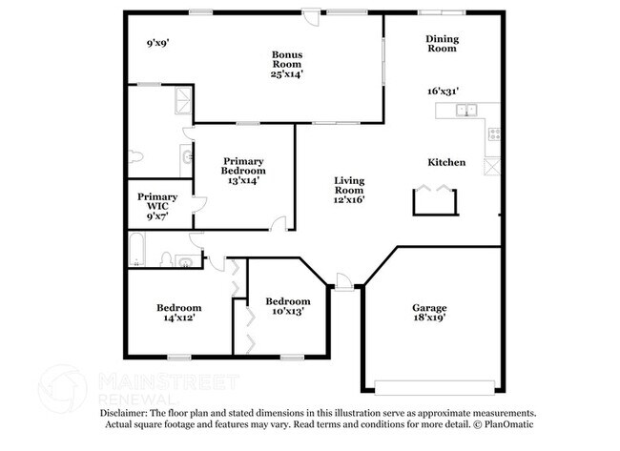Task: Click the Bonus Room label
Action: (286, 60)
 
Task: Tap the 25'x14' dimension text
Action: (286, 73)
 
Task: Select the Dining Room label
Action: (443, 44)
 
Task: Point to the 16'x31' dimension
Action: (444, 92)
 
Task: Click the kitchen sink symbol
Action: (465, 111)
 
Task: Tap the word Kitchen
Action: (446, 162)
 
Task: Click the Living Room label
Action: (350, 185)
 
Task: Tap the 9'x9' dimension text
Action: (158, 43)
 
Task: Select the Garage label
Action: (428, 308)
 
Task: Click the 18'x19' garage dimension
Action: (428, 320)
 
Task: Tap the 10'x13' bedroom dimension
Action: (288, 312)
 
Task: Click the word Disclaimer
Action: (127, 413)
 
